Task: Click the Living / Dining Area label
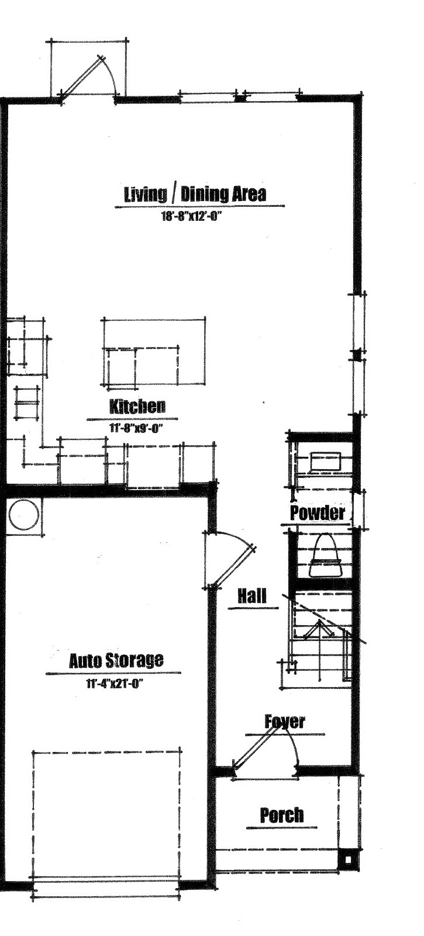point(195,195)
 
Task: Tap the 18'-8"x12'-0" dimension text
point(191,216)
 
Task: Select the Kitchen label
point(137,406)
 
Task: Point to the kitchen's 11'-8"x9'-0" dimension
point(136,428)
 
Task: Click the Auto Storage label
point(116,661)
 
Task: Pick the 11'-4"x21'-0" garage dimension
point(115,684)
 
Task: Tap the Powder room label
point(318,513)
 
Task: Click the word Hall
point(251,595)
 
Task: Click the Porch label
point(282,815)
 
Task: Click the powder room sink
point(326,463)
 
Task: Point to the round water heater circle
point(24,515)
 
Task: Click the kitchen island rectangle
point(153,351)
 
